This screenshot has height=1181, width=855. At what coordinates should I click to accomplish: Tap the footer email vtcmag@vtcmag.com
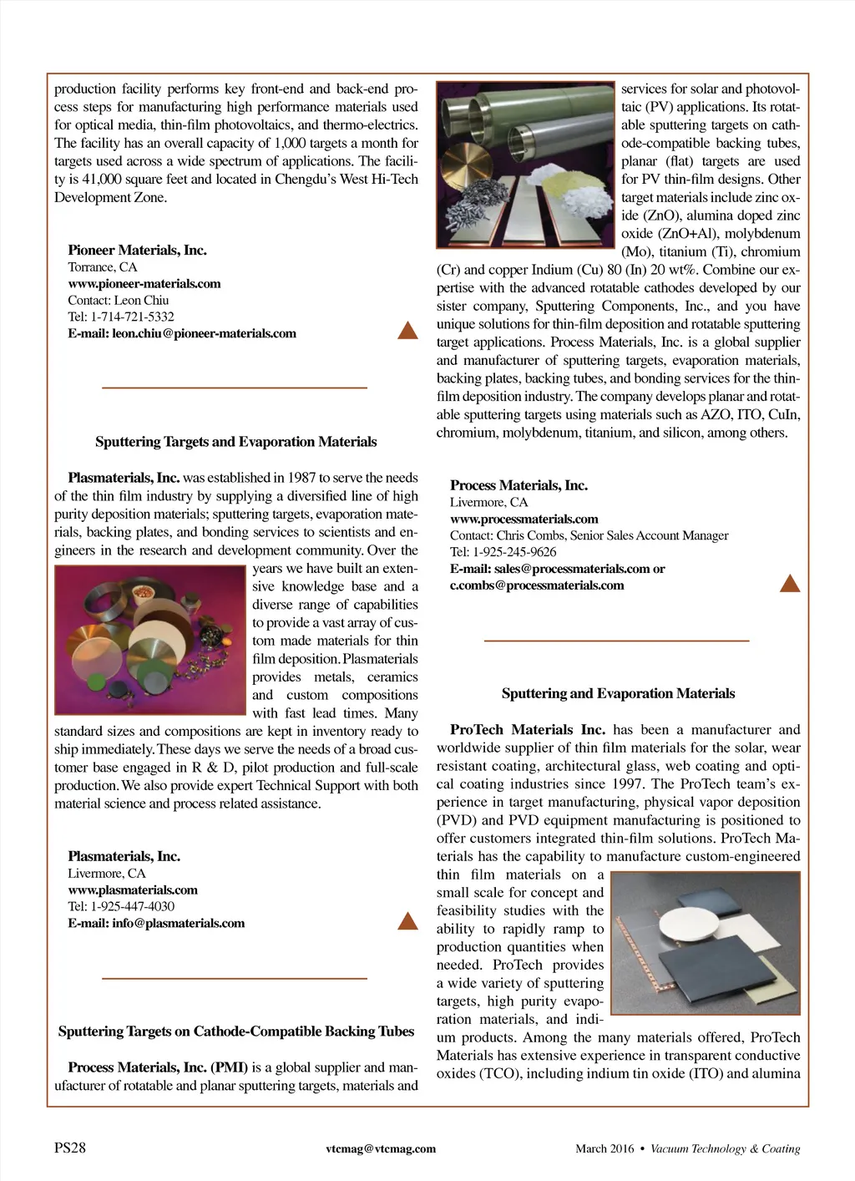point(381,1148)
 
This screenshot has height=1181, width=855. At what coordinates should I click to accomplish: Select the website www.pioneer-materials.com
point(144,283)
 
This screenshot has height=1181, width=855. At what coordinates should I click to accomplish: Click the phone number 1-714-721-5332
point(132,317)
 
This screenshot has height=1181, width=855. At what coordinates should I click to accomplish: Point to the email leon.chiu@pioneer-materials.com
point(204,333)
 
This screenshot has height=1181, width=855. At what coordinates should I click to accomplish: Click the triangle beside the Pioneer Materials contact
point(407,331)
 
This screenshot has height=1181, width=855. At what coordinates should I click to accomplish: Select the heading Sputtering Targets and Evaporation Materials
point(235,442)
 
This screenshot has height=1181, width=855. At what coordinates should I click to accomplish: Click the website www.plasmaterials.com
point(133,890)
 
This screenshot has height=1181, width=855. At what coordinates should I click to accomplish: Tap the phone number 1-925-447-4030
point(132,906)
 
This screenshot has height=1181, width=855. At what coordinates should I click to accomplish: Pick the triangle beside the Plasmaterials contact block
point(407,921)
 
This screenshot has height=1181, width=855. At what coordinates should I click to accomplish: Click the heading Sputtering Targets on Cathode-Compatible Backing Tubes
point(236,1031)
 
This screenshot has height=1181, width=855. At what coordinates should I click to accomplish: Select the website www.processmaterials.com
point(524,519)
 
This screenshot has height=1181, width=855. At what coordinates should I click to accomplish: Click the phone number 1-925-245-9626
point(514,551)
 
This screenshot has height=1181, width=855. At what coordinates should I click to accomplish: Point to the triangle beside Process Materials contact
point(789,583)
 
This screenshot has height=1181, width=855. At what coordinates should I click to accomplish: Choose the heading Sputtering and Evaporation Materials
point(618,693)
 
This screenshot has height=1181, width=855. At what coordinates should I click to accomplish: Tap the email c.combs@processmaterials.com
point(537,585)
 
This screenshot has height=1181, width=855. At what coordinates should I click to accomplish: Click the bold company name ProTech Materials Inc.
point(527,730)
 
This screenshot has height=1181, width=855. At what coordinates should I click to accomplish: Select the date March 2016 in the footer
point(605,1148)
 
